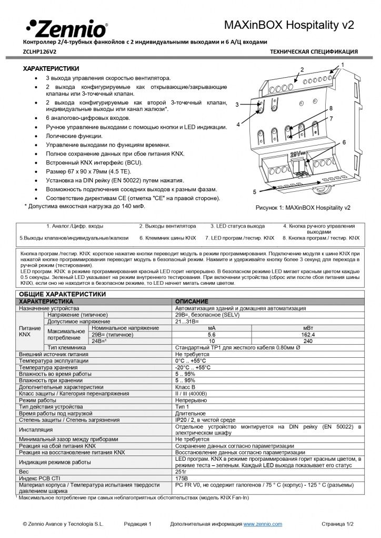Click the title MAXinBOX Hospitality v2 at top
coord(289,25)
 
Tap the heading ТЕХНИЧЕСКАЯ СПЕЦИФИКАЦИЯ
coord(314,52)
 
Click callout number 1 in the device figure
coord(343,64)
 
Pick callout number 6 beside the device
coord(344,142)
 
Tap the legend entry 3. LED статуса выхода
coord(237,226)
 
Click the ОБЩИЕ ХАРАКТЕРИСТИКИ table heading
coord(63,294)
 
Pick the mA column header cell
coord(212,328)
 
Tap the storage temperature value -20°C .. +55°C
coord(193,367)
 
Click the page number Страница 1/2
coord(338,524)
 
